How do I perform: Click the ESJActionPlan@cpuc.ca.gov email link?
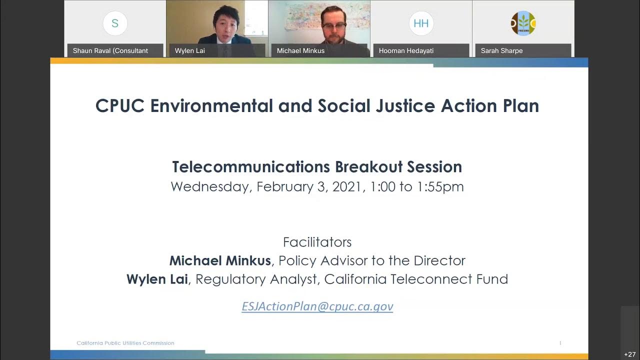click(x=317, y=306)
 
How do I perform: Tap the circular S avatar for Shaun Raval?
click(x=115, y=23)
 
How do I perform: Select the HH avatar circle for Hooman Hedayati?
click(x=421, y=23)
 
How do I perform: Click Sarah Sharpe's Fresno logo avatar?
click(x=523, y=23)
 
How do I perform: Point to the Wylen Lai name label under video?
click(x=190, y=50)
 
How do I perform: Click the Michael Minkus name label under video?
click(x=300, y=50)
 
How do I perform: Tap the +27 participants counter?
click(x=630, y=354)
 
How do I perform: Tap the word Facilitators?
click(x=317, y=242)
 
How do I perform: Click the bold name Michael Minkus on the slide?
click(x=220, y=260)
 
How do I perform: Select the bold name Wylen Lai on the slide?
click(x=157, y=279)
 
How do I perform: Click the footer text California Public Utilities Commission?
click(x=125, y=343)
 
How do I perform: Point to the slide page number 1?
click(x=560, y=343)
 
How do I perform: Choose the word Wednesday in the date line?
click(x=210, y=187)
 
